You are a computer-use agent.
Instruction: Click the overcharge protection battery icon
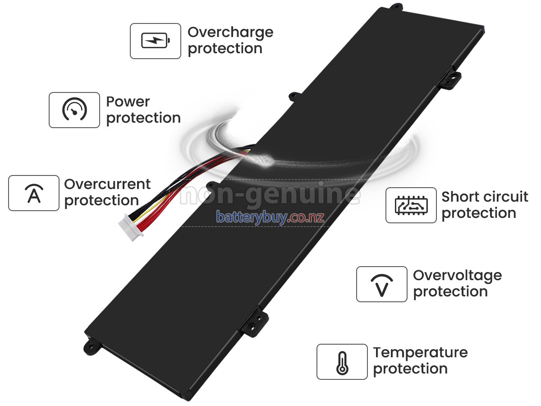156,41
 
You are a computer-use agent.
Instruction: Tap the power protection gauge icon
74,110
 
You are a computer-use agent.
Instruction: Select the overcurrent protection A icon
34,193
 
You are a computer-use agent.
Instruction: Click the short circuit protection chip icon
411,205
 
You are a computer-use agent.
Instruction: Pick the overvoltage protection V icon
381,284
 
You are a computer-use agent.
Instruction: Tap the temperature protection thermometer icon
342,362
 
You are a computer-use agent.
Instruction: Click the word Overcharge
230,32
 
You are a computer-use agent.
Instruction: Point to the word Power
128,102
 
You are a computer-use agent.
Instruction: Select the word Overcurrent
107,185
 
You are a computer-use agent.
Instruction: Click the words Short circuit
485,197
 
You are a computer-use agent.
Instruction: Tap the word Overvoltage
457,276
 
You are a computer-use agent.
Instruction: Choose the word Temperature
420,353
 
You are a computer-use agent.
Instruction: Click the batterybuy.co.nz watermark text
270,217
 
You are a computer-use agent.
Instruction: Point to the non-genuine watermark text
270,195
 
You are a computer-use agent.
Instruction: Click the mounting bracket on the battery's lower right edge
254,321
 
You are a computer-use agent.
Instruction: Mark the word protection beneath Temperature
410,369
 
